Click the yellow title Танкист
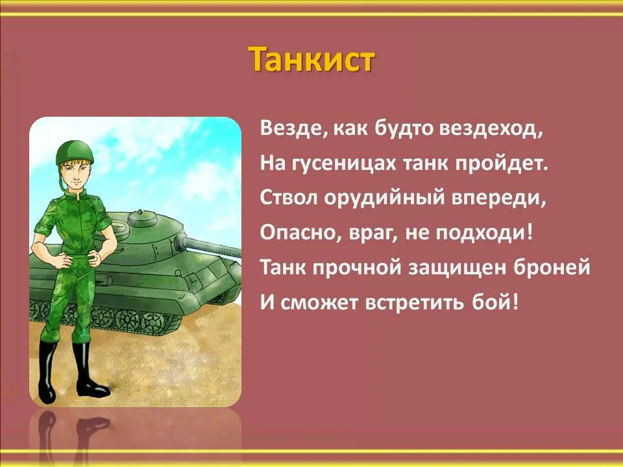[x=311, y=60]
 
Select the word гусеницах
[x=344, y=163]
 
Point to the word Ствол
[x=289, y=197]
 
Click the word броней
[x=552, y=267]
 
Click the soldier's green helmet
[x=74, y=152]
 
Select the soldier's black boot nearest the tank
[x=90, y=369]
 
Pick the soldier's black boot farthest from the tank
[x=47, y=372]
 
